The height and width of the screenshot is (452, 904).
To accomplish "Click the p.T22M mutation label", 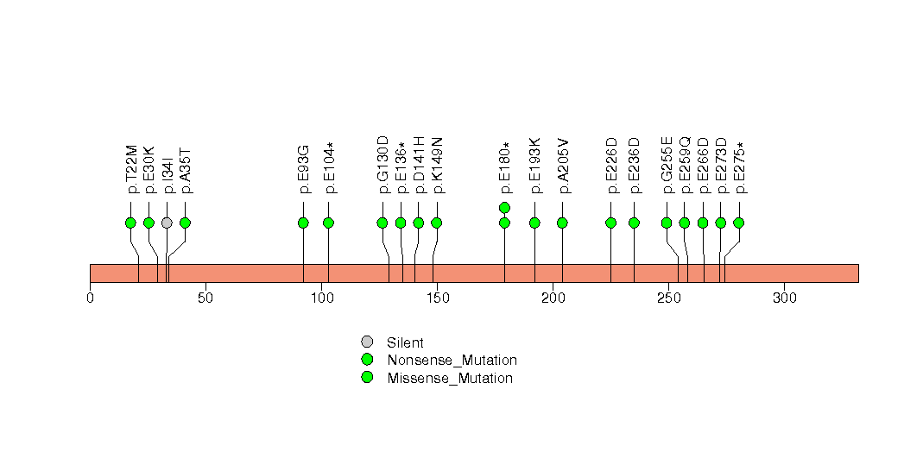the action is [x=131, y=169].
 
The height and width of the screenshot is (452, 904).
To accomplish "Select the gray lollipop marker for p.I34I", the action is [x=167, y=223].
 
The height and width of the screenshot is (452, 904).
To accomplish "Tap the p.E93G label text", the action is [x=303, y=169].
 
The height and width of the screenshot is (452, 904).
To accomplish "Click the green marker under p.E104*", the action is [x=329, y=223].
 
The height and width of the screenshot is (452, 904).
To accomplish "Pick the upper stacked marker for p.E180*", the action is [x=504, y=207].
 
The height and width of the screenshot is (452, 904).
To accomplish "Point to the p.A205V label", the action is [x=563, y=166].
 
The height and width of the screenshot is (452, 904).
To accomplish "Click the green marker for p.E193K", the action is [x=534, y=223].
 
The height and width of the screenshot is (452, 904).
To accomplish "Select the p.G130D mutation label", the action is [x=382, y=165].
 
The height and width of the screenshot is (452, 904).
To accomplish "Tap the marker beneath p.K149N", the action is [x=436, y=223].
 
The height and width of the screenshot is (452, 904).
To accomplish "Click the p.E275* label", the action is [x=739, y=167].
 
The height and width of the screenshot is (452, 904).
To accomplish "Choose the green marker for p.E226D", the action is [x=611, y=223].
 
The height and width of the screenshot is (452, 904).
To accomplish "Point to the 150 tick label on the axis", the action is [x=437, y=298].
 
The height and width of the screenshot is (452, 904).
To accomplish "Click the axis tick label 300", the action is [x=784, y=298].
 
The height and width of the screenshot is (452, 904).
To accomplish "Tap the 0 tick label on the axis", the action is [x=90, y=298].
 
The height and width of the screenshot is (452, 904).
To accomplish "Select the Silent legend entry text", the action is [x=405, y=342].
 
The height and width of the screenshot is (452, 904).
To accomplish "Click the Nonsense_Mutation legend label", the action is [x=452, y=360].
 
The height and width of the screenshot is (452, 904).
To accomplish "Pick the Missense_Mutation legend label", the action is [x=450, y=378].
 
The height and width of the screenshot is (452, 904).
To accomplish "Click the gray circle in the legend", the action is [x=367, y=342].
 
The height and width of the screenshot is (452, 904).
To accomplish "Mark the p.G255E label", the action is [x=667, y=166].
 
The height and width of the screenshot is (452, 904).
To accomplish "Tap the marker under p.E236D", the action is [x=635, y=223].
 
